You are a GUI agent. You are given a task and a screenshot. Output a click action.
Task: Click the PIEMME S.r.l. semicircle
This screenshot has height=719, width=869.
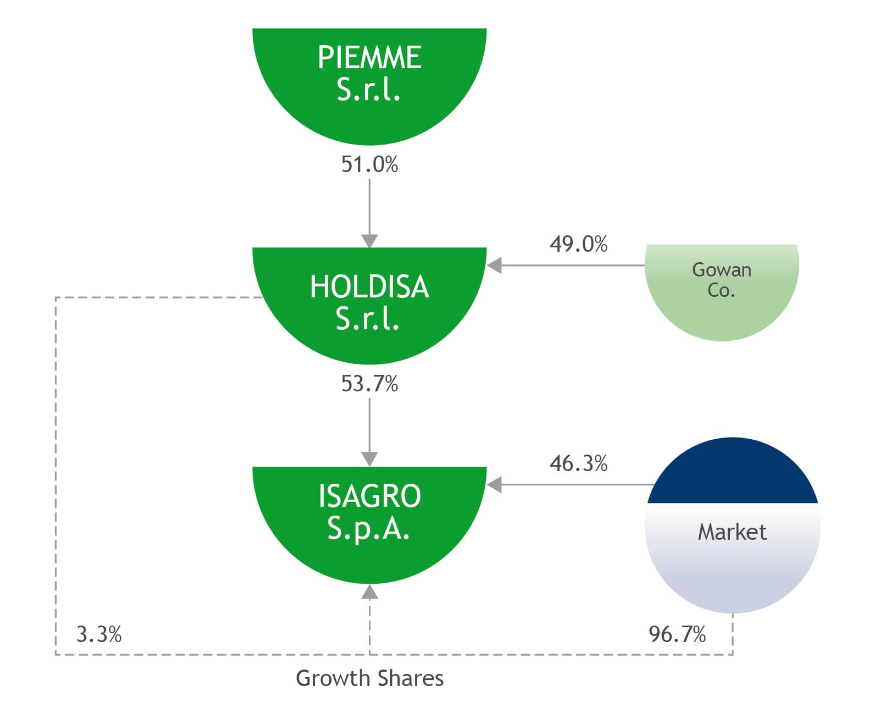point(369,82)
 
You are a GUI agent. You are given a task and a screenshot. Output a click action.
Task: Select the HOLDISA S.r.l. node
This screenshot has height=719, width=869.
point(369,302)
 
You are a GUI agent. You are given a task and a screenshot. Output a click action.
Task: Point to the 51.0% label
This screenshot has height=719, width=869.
point(369,164)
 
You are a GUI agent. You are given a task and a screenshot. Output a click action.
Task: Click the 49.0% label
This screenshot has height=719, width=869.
point(578,244)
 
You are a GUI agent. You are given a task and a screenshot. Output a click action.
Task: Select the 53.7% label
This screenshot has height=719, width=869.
point(369,384)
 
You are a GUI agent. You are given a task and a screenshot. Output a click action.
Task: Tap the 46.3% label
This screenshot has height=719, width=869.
point(578,463)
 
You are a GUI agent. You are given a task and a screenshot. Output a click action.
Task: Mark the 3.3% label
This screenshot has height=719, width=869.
point(99,634)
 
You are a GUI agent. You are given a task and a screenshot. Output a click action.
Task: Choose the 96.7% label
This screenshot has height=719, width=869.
point(677,634)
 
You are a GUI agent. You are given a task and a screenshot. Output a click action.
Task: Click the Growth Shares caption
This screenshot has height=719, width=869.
point(369,678)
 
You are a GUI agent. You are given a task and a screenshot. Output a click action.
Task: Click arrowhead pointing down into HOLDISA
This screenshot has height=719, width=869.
point(369,241)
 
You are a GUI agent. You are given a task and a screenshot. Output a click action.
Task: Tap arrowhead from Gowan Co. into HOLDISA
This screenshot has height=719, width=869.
point(494,265)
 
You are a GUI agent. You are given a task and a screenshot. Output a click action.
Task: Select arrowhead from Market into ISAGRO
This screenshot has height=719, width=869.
point(494,485)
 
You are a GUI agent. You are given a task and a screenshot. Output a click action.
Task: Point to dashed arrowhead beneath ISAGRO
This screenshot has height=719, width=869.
point(369,591)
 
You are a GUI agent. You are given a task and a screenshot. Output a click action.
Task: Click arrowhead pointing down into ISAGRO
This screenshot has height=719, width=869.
point(369,459)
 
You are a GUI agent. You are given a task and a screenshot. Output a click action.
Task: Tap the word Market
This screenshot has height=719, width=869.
point(732,532)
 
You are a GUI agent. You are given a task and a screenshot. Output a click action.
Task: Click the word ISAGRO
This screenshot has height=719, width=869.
point(369,496)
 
